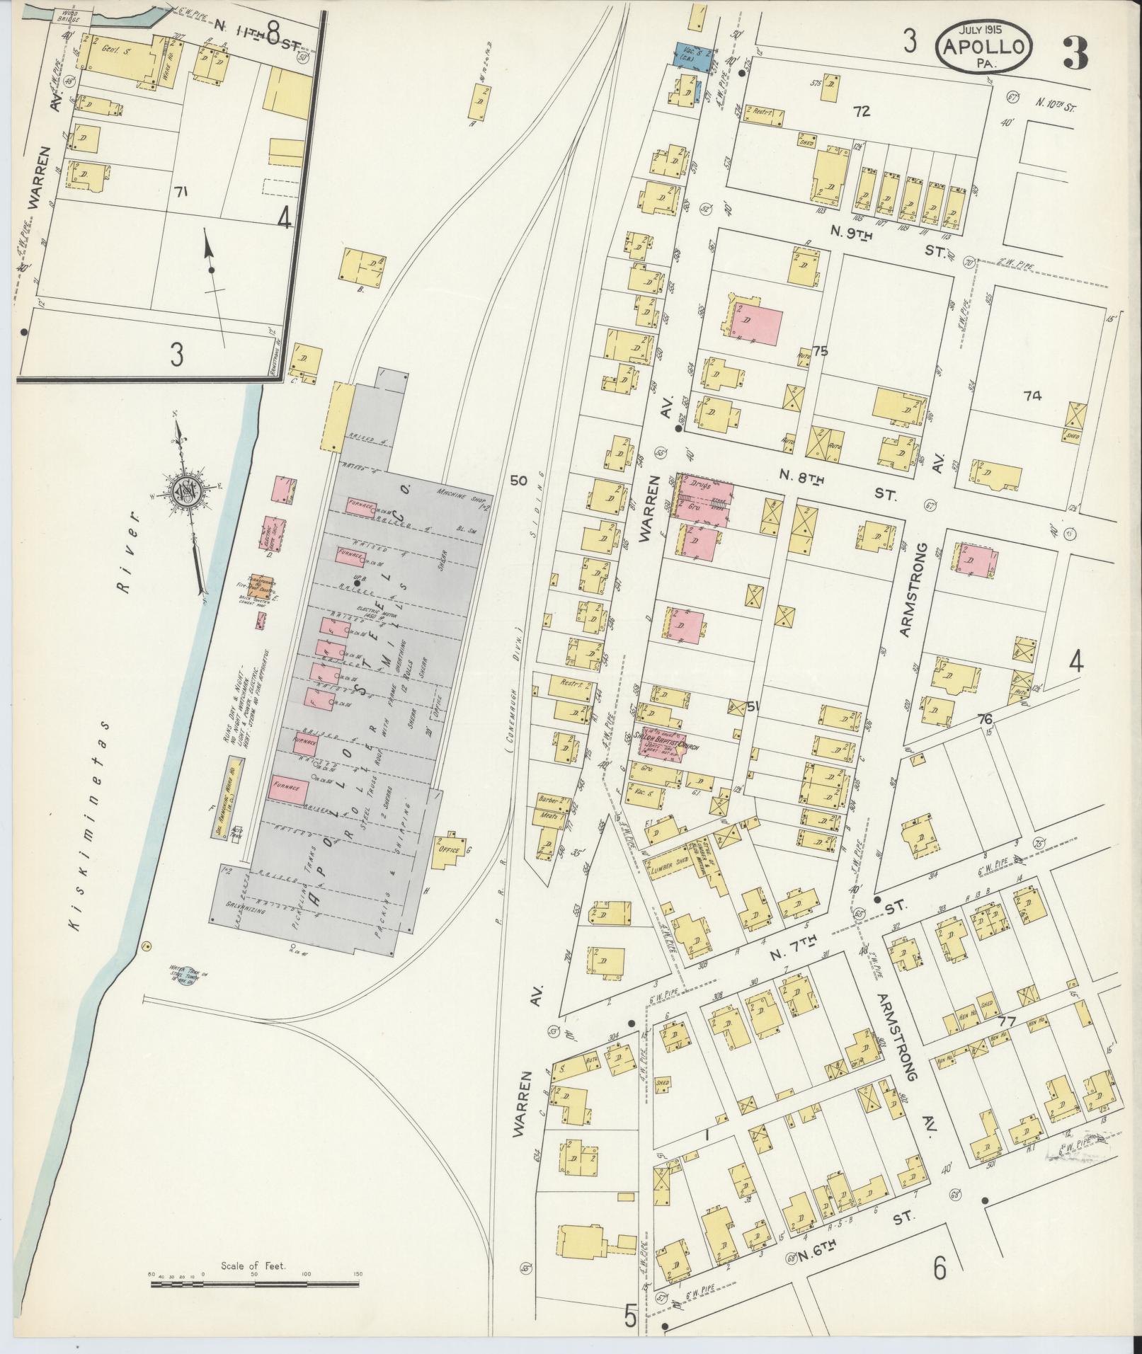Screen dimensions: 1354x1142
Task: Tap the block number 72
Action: coord(861,111)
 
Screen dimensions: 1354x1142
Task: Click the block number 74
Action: coord(1032,396)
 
